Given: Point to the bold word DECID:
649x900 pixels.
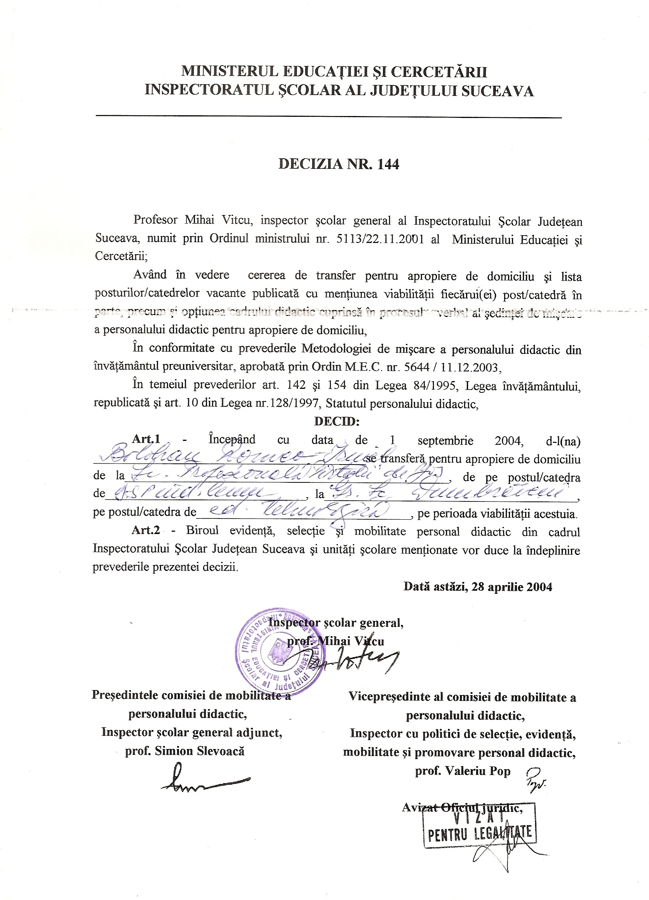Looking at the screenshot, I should [336, 421].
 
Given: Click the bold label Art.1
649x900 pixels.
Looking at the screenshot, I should [146, 439].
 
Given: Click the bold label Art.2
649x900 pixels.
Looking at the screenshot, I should [146, 531].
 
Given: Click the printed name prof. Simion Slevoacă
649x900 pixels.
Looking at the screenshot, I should [185, 751].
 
